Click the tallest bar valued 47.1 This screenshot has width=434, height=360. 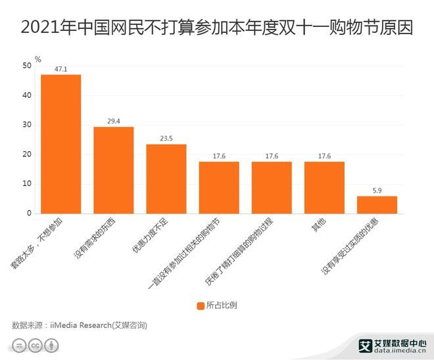(x=61, y=144)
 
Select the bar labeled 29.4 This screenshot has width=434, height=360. (x=114, y=170)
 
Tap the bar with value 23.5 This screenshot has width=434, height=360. (x=166, y=179)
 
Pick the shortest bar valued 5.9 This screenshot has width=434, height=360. (x=377, y=205)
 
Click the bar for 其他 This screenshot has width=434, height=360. (x=324, y=187)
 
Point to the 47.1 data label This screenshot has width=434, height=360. (x=61, y=68)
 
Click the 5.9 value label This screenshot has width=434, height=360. (x=377, y=190)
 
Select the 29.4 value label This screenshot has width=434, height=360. (x=114, y=121)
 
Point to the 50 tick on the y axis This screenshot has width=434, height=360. (x=26, y=66)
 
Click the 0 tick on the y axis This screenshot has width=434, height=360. (x=29, y=214)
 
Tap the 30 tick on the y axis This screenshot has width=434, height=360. (x=26, y=125)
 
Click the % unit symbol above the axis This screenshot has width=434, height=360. (x=38, y=59)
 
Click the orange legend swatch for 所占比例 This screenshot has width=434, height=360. (x=200, y=305)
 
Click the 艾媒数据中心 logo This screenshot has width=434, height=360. (x=392, y=342)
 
